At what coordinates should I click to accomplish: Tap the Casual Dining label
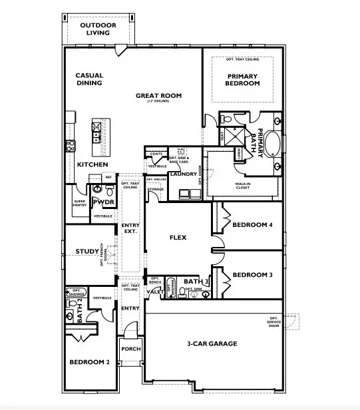(89, 79)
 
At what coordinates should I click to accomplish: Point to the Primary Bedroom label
(242, 81)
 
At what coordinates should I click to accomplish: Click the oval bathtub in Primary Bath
(276, 144)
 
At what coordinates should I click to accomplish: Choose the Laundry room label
(182, 174)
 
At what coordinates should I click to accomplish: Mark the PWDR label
(104, 202)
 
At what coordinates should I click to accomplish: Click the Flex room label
(178, 237)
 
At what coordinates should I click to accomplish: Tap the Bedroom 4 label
(253, 225)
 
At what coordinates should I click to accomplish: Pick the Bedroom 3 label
(253, 275)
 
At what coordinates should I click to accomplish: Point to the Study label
(87, 252)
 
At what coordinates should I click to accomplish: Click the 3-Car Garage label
(212, 344)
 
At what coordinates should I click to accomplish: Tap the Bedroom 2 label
(89, 362)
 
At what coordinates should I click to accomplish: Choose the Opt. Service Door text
(273, 323)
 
